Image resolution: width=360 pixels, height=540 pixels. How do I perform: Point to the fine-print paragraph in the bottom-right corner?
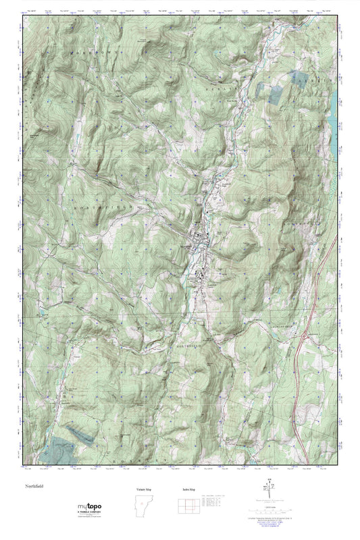pyautogui.click(x=274, y=520)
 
